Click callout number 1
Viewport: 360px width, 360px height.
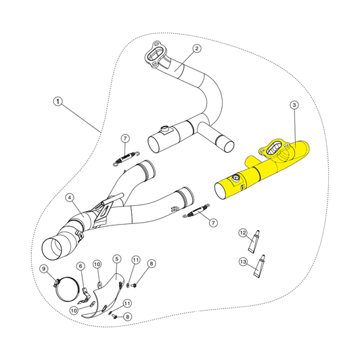[58, 102]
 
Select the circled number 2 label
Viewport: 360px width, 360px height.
[196, 48]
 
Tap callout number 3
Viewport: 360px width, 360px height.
[294, 105]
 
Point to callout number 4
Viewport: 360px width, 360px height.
[70, 198]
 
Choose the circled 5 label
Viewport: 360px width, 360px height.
[116, 258]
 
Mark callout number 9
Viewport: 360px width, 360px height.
[45, 269]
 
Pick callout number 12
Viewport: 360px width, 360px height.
[242, 233]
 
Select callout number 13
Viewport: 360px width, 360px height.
[242, 261]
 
